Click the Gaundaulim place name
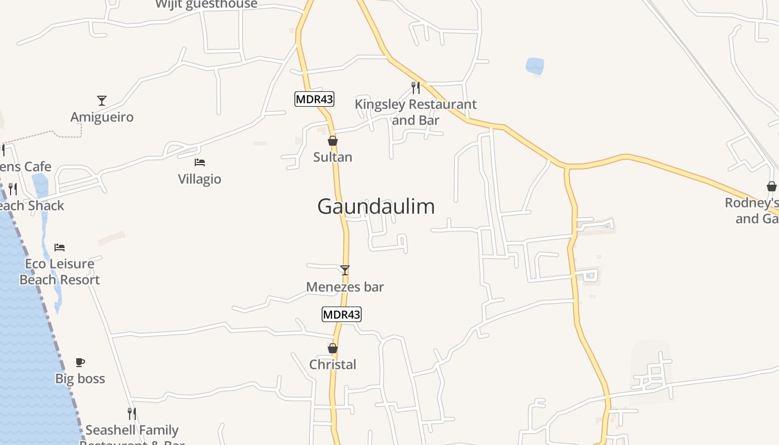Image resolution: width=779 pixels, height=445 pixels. click(x=376, y=206)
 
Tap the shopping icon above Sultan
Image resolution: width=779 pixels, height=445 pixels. click(x=333, y=141)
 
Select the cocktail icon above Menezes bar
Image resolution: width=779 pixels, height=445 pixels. click(x=345, y=270)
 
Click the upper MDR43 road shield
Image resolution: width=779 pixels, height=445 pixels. click(x=314, y=99)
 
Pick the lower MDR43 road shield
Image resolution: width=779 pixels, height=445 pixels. click(x=342, y=314)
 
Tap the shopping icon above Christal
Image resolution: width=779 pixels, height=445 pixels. click(x=333, y=348)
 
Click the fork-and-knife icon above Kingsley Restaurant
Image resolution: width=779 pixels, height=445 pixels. click(x=416, y=87)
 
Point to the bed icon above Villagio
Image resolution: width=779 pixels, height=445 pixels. click(x=200, y=162)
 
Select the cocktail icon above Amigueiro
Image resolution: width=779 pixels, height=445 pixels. click(x=102, y=101)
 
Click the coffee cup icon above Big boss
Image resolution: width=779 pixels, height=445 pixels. click(x=80, y=363)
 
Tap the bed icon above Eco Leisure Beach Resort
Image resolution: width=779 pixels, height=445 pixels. click(x=60, y=247)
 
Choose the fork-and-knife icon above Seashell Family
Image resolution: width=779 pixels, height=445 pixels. click(x=132, y=414)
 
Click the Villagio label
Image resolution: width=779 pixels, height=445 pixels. click(x=200, y=179)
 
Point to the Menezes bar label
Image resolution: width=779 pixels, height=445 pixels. click(x=345, y=287)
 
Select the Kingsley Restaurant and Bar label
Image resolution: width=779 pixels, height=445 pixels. click(x=416, y=112)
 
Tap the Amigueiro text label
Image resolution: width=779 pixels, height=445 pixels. click(x=102, y=117)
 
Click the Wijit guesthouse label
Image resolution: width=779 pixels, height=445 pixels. click(x=206, y=4)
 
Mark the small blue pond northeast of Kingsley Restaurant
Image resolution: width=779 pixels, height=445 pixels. click(x=535, y=66)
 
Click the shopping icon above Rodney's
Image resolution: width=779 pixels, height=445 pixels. click(x=771, y=186)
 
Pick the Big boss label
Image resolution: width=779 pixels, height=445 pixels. click(x=80, y=379)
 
